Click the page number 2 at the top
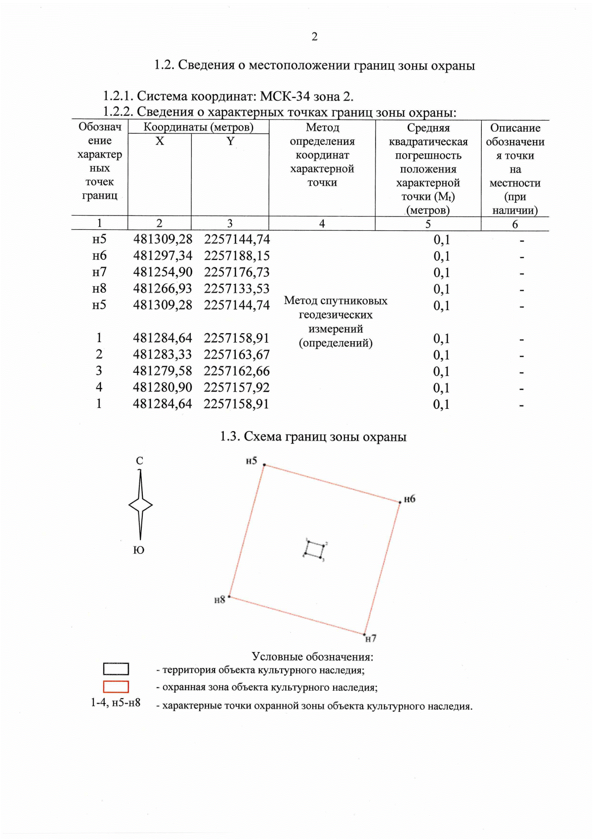[314, 37]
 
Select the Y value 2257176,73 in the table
[237, 272]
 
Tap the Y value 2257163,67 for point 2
[237, 354]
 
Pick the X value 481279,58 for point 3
[162, 371]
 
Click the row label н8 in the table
[99, 288]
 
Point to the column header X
[160, 141]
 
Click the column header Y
[230, 141]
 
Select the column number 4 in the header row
[322, 224]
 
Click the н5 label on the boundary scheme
[252, 461]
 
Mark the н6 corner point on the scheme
[400, 502]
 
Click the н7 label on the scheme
[371, 639]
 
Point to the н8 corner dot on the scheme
[229, 597]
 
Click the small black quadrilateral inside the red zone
[314, 550]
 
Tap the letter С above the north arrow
[139, 461]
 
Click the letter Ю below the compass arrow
[139, 550]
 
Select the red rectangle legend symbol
[116, 687]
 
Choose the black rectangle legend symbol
[116, 669]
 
